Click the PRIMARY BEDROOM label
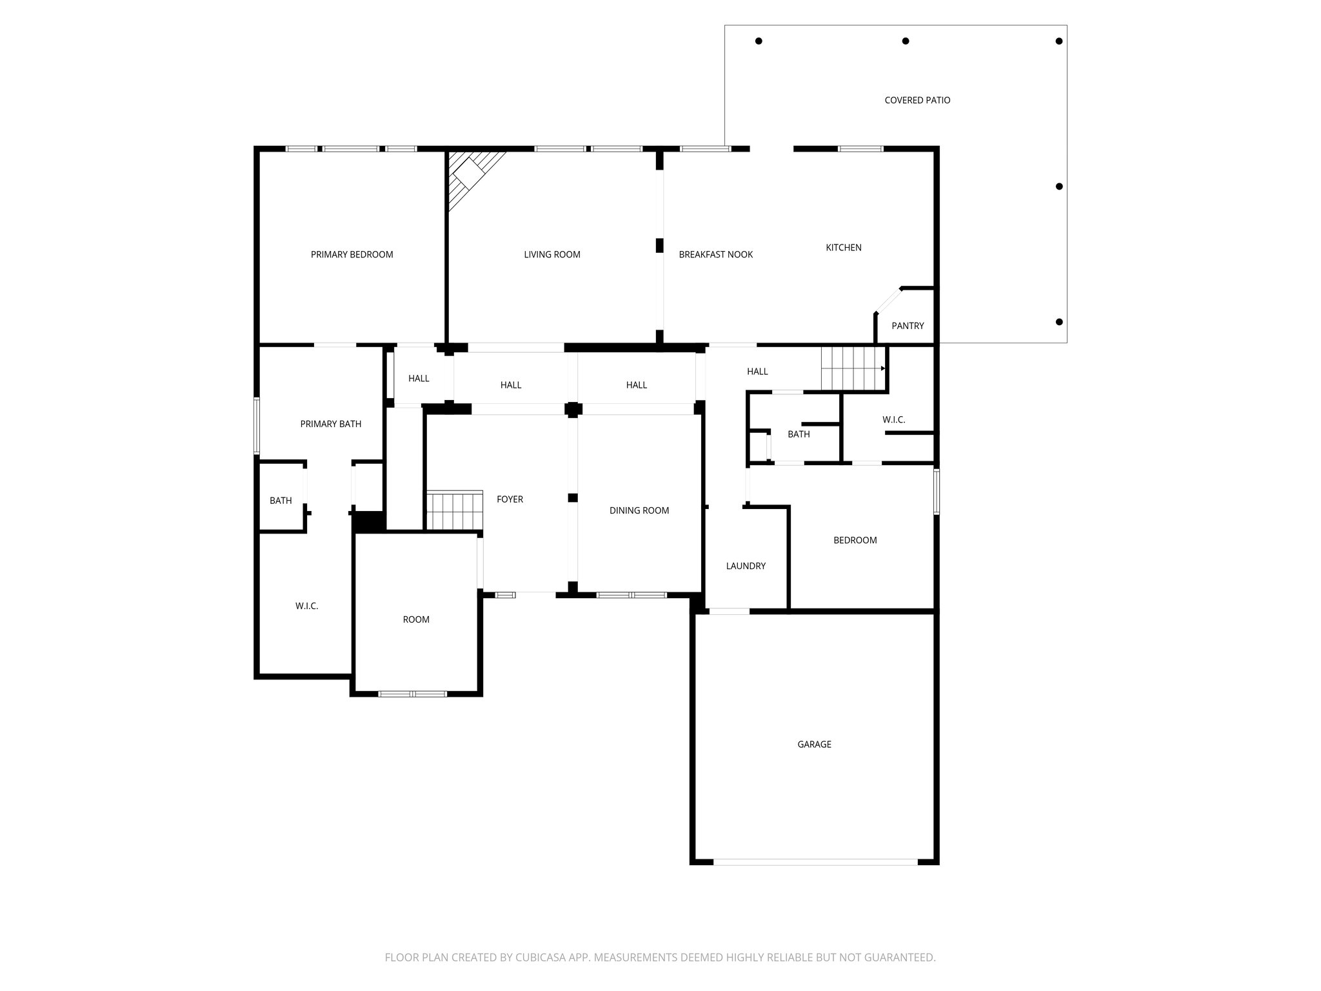(x=352, y=254)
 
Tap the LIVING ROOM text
(x=551, y=254)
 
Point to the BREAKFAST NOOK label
(x=715, y=254)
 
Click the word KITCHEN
(x=843, y=247)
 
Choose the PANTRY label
(x=907, y=326)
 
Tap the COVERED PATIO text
(x=917, y=100)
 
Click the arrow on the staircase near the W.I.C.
(x=883, y=368)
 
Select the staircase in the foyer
(x=455, y=510)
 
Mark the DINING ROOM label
(x=639, y=510)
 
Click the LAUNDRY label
(x=745, y=566)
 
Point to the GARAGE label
(x=814, y=744)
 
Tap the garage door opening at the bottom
(x=815, y=861)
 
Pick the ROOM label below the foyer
(x=416, y=619)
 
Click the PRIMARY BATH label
(x=330, y=424)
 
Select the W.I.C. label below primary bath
(x=306, y=606)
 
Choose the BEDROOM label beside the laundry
(x=855, y=540)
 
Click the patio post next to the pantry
(x=1058, y=322)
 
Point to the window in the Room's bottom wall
(x=412, y=694)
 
